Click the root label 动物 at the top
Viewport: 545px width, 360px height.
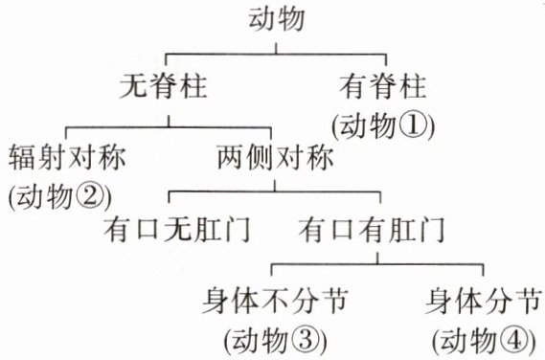276,19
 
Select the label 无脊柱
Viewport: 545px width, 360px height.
164,86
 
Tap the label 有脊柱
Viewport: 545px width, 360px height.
383,86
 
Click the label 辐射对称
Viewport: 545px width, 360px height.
67,157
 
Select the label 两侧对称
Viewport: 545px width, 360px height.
275,157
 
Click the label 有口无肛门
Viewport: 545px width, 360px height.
177,230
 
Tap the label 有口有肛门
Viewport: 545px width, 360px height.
372,230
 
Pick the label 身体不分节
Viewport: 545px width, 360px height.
275,301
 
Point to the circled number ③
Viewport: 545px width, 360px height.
306,340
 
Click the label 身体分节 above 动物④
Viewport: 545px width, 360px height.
484,301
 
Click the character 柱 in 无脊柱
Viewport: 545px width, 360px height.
193,86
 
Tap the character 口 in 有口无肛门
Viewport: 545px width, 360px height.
148,230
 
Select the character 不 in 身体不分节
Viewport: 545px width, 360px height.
275,301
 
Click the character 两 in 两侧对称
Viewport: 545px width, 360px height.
231,157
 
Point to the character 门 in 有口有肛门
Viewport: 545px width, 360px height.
432,230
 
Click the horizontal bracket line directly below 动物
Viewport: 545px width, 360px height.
276,55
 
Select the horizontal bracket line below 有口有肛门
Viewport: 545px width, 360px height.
377,264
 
